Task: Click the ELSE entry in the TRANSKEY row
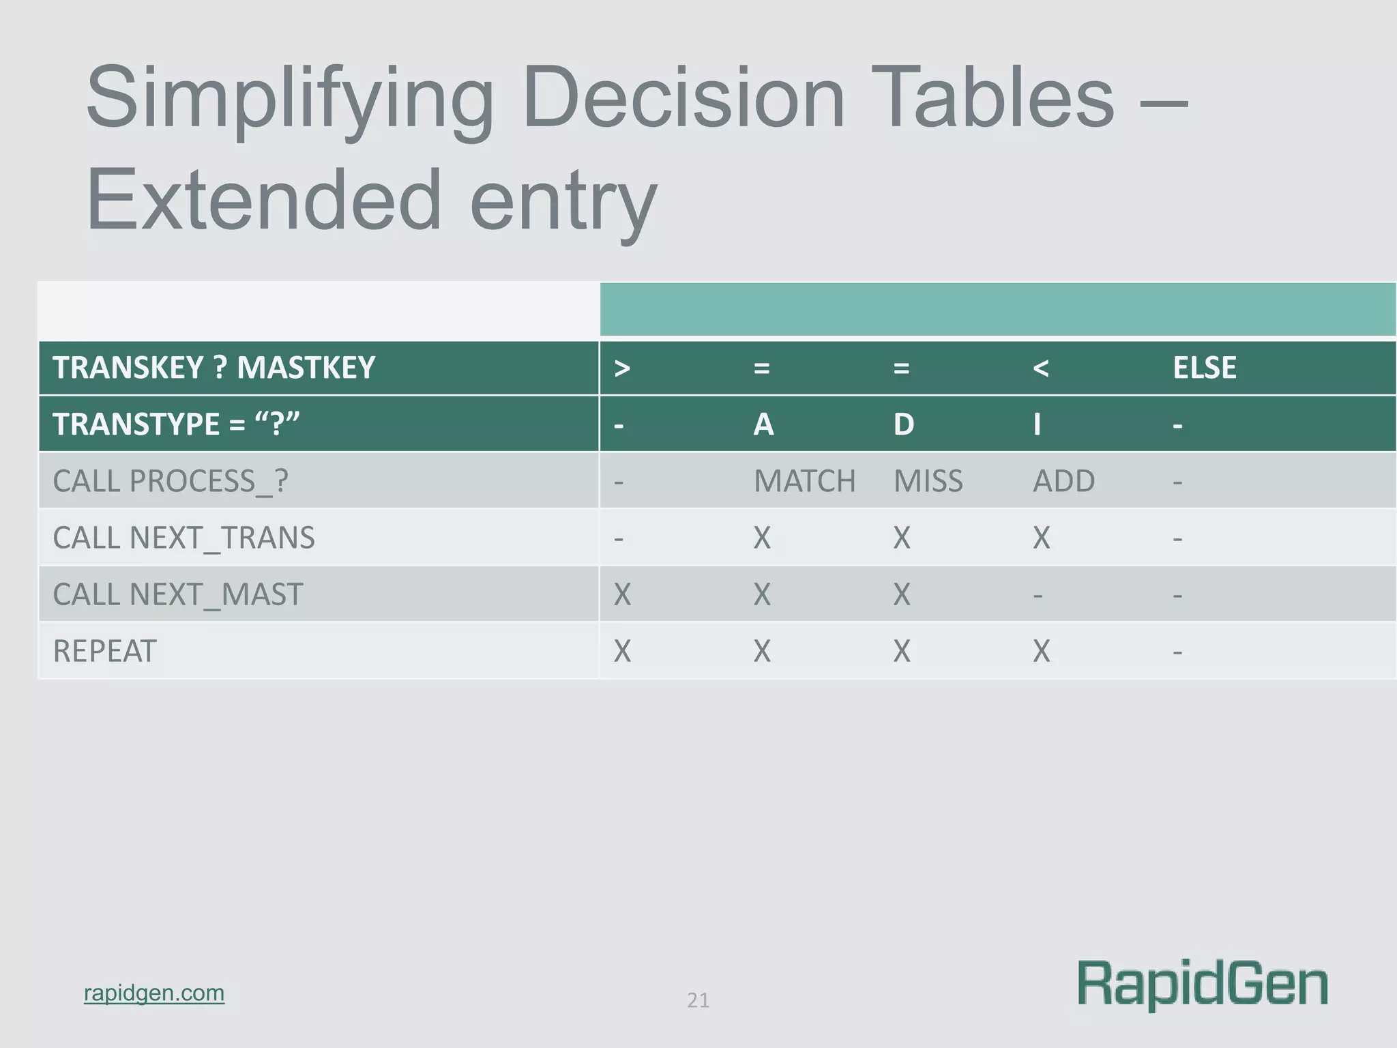(x=1204, y=368)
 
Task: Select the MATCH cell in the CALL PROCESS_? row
(x=804, y=481)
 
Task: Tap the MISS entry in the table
(x=928, y=481)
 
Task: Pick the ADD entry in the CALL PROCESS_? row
(x=1063, y=481)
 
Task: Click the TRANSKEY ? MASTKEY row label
(x=214, y=368)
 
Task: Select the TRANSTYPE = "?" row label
(x=176, y=424)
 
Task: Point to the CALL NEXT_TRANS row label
(x=183, y=538)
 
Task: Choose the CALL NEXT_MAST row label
(x=177, y=594)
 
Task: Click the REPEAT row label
(x=104, y=651)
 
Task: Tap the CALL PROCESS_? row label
(x=171, y=481)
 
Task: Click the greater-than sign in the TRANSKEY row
(x=621, y=368)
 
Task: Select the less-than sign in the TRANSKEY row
(x=1040, y=368)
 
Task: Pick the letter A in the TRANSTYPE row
(x=763, y=424)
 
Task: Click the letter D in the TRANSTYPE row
(x=904, y=424)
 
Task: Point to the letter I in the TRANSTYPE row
(x=1037, y=424)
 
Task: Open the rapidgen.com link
(x=154, y=993)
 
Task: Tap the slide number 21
(x=698, y=1000)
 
